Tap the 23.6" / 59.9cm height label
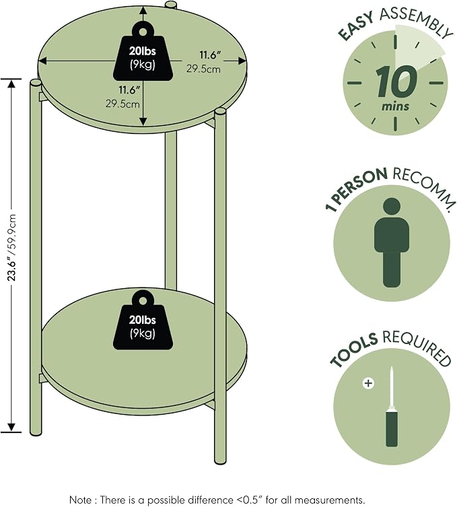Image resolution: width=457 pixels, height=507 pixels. pos(11,247)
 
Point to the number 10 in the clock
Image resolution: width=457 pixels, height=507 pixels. pos(396,81)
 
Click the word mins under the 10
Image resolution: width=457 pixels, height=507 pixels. pos(395,106)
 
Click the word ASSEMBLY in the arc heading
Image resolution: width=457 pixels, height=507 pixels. pos(416,22)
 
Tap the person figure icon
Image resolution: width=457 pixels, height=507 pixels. pos(392,243)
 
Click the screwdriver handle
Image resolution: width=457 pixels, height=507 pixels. pos(392,428)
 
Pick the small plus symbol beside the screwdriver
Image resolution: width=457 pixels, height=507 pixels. pos(368,384)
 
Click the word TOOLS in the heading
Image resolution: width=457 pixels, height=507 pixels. pos(353,350)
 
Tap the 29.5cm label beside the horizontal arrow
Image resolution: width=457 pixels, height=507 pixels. pos(203,69)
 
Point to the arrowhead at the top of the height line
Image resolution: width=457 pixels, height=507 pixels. pos(11,83)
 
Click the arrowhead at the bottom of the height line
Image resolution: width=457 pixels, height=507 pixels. pos(11,428)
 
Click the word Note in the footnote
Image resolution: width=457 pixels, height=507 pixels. pos(81,500)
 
